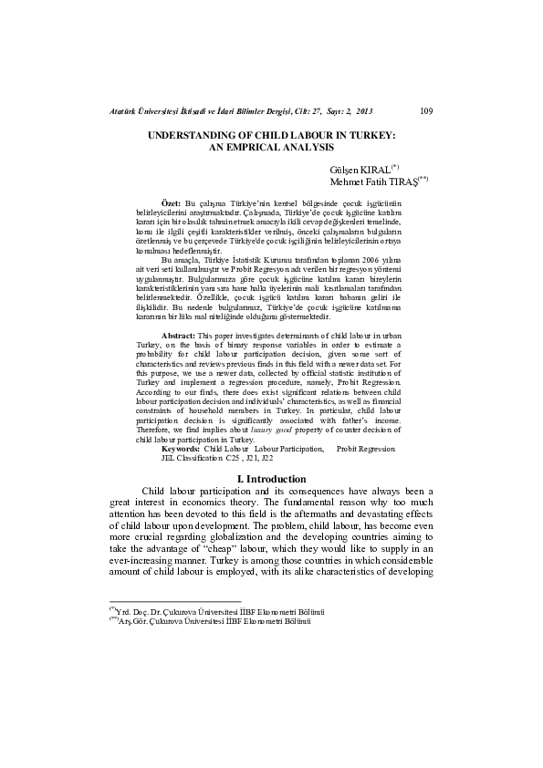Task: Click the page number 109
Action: coord(425,112)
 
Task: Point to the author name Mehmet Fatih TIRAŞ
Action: coord(375,182)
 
